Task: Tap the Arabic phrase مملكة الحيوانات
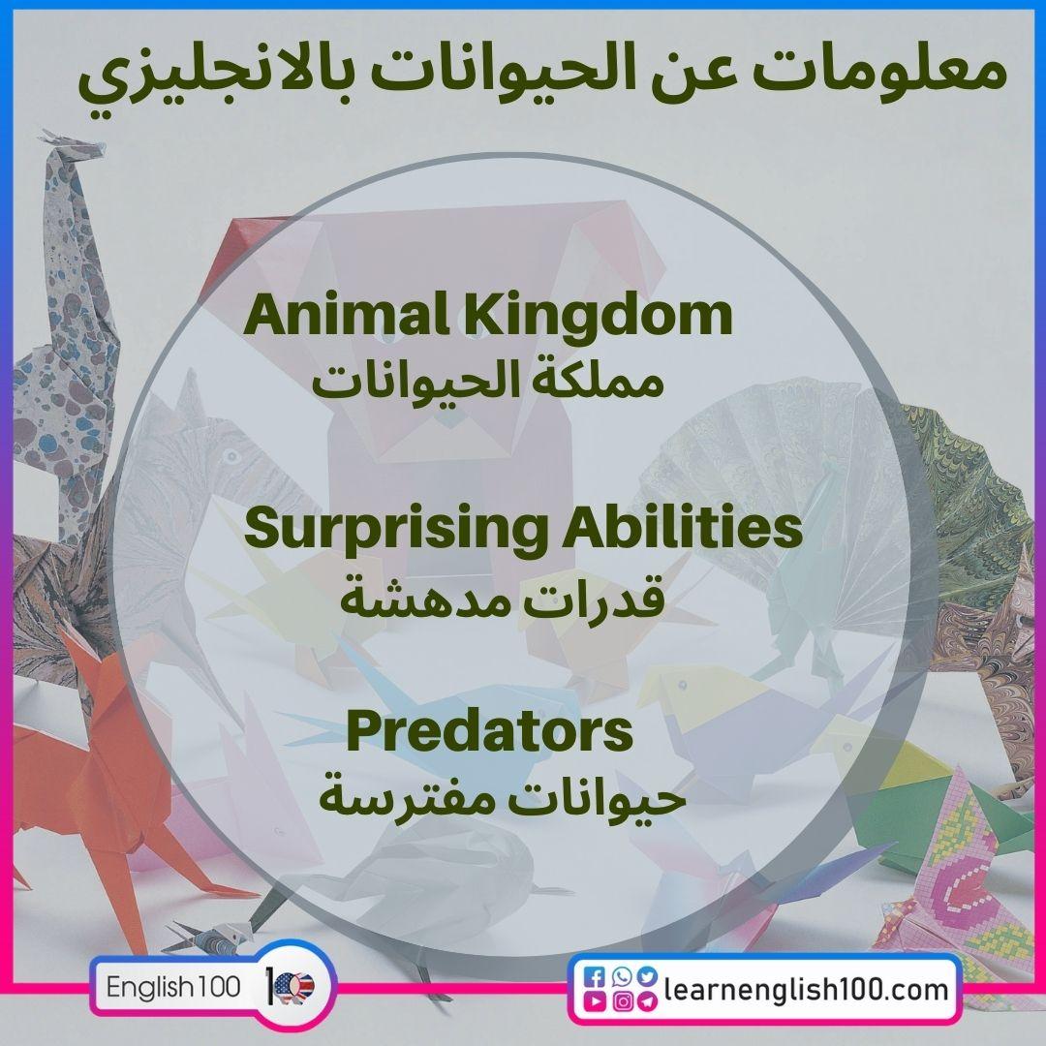coord(488,383)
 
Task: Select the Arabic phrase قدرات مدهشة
coord(503,597)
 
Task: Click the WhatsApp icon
coord(622,976)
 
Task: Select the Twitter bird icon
coord(646,976)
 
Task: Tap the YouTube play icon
coord(595,1000)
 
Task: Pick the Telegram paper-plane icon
coord(646,1001)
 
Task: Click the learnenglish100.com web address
coord(806,990)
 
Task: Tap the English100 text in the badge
coord(172,987)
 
